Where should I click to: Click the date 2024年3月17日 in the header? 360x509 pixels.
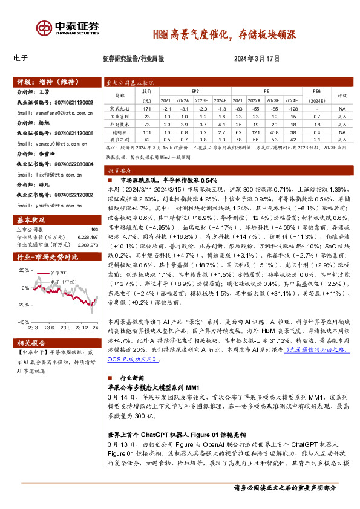pos(256,59)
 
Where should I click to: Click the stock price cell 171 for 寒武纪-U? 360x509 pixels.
pos(146,108)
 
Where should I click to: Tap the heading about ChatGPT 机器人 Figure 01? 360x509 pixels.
pos(166,435)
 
